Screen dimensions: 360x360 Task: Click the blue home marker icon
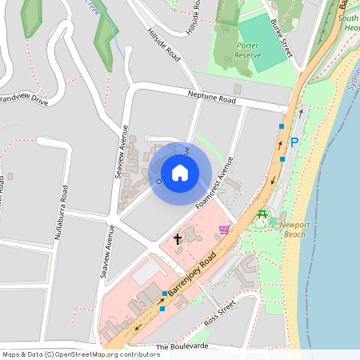click(x=180, y=173)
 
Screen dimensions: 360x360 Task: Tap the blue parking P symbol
click(x=294, y=142)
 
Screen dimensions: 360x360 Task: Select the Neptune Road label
click(x=212, y=98)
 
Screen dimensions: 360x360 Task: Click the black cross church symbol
click(x=178, y=238)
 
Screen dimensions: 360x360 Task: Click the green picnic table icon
click(x=262, y=213)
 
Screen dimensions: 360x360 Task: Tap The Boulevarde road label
click(x=182, y=347)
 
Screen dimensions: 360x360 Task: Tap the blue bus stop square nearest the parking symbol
click(x=282, y=126)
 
